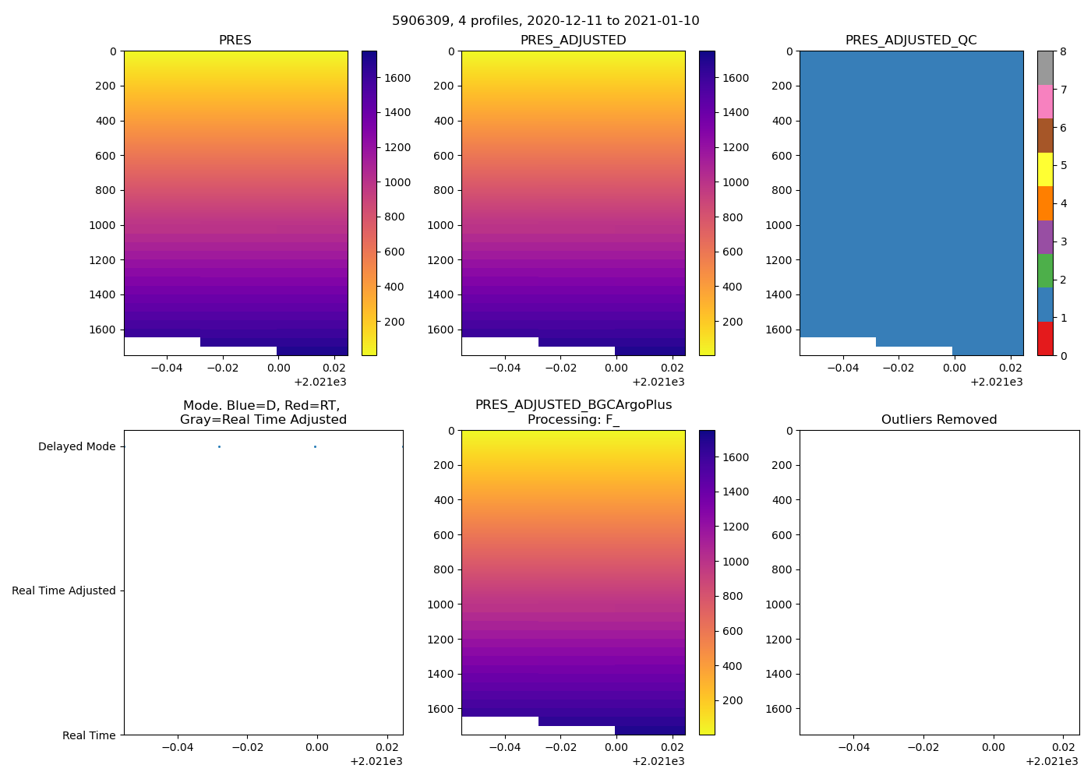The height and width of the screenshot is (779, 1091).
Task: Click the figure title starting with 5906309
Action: (x=545, y=20)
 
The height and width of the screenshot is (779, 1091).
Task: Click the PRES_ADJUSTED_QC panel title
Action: (x=911, y=40)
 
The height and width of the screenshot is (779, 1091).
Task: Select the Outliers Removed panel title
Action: (x=939, y=419)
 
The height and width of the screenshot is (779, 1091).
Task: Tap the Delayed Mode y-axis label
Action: (x=76, y=446)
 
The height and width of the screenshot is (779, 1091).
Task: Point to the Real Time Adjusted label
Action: (x=63, y=590)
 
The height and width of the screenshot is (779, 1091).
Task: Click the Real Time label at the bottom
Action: (x=89, y=735)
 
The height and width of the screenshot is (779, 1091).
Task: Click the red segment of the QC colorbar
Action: (x=1045, y=339)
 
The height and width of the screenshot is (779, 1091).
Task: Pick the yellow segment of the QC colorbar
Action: (x=1045, y=169)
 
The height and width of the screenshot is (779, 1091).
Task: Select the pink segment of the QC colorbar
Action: (x=1045, y=101)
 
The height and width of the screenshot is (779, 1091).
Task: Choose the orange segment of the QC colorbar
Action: (x=1045, y=203)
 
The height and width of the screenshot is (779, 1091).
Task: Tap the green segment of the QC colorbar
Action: (x=1045, y=271)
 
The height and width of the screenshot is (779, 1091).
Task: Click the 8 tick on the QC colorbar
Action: (x=1063, y=51)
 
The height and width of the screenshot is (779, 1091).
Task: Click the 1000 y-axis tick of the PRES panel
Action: (x=101, y=225)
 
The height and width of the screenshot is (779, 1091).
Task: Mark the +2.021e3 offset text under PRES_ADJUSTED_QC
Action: (x=996, y=382)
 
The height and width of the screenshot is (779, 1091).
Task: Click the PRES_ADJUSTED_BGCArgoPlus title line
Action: (x=574, y=405)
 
